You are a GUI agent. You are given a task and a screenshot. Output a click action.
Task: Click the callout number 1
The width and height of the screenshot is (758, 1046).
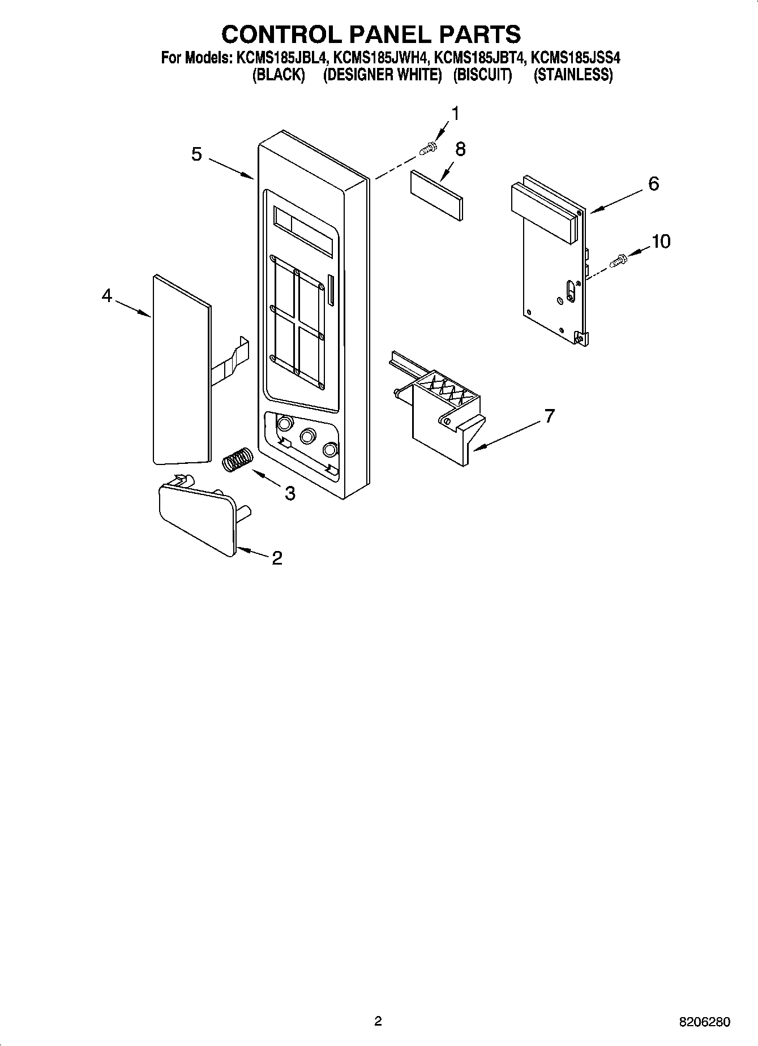point(455,114)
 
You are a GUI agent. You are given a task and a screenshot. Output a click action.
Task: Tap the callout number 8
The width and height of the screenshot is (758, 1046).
point(460,149)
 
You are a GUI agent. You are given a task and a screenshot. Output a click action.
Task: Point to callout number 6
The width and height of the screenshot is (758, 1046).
point(653,183)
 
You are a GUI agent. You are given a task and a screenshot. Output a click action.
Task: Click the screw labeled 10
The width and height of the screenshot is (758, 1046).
point(619,261)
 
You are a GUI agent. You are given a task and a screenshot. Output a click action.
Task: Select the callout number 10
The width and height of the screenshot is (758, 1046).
point(661,242)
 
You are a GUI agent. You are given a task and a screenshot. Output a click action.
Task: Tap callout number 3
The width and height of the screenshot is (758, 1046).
point(290,493)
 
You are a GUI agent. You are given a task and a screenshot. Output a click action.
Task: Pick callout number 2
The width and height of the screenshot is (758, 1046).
point(277,558)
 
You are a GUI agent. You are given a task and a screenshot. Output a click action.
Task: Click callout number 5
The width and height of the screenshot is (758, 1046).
point(196,154)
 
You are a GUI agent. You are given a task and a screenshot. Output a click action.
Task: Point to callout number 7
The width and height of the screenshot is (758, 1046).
point(549,416)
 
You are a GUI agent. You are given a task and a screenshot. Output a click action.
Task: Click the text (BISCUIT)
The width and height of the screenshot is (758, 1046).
point(482,75)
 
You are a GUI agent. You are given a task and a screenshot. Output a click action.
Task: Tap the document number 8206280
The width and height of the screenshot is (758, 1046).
point(704,1022)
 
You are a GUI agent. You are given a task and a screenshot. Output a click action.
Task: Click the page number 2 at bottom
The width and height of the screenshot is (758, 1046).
point(378,1021)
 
